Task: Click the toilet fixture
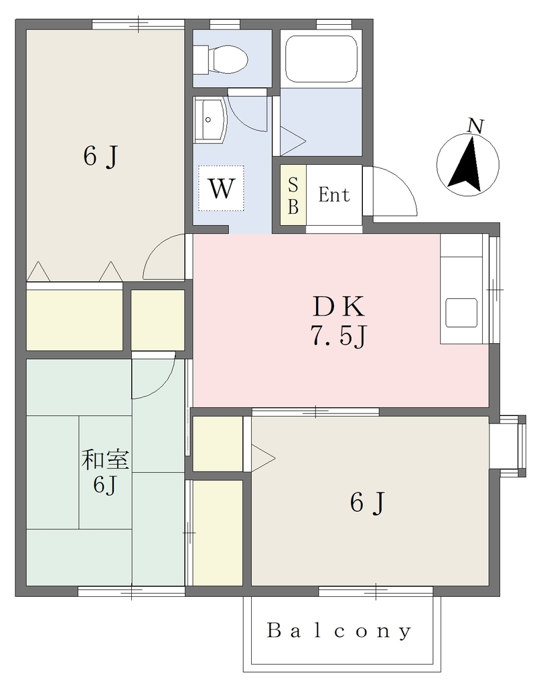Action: pyautogui.click(x=220, y=59)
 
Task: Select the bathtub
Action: pyautogui.click(x=321, y=59)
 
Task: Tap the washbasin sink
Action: pyautogui.click(x=210, y=119)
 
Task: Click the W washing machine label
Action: pyautogui.click(x=221, y=188)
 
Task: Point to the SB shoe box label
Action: pyautogui.click(x=293, y=196)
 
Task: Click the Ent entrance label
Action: pyautogui.click(x=334, y=195)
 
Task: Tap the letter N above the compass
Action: pyautogui.click(x=475, y=126)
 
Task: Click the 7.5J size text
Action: pyautogui.click(x=338, y=336)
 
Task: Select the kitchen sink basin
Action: pyautogui.click(x=461, y=313)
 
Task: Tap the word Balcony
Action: pyautogui.click(x=339, y=630)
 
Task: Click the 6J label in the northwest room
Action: pyautogui.click(x=100, y=155)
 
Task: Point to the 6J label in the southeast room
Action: pyautogui.click(x=367, y=502)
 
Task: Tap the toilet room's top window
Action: pyautogui.click(x=225, y=23)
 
